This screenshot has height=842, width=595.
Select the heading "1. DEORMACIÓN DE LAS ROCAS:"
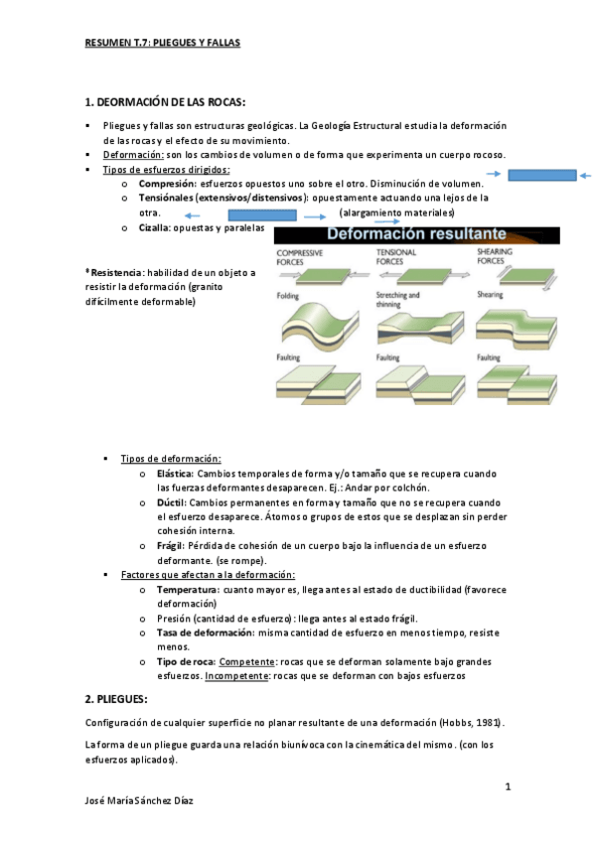click(164, 102)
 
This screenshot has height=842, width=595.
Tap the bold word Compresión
click(166, 184)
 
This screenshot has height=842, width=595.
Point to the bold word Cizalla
click(153, 227)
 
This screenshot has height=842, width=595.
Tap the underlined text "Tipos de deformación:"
click(171, 459)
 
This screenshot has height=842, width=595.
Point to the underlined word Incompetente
click(237, 676)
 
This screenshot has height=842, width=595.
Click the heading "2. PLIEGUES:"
click(117, 699)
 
